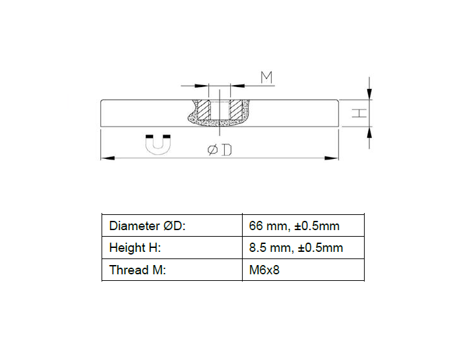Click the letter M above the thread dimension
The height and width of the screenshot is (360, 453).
coord(266,77)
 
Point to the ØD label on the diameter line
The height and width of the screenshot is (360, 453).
coord(220,150)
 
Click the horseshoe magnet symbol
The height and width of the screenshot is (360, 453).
coord(158,144)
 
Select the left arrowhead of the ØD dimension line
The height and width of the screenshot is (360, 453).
coord(106,158)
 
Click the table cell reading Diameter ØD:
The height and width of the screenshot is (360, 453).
coord(148,226)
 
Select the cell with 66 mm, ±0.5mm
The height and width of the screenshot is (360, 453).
coord(294,226)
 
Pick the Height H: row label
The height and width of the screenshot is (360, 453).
coord(135,248)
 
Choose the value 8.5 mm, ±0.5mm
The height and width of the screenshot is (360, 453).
coord(296,248)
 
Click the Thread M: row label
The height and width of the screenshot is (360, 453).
coord(138,270)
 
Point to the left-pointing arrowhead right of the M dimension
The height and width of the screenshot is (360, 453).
coord(235,86)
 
